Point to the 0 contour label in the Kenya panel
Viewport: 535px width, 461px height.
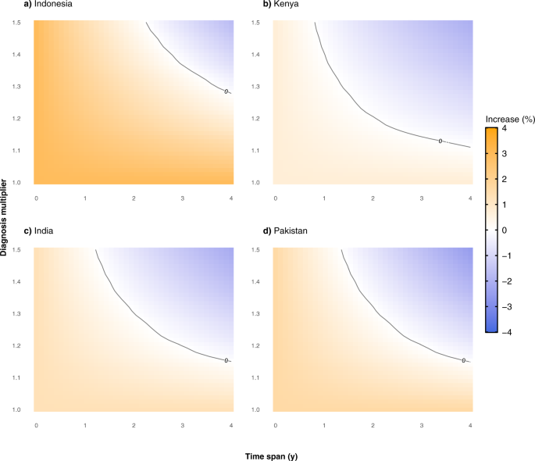tap(440, 141)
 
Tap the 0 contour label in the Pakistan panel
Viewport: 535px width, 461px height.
tap(463, 360)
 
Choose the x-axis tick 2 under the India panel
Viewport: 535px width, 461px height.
tap(134, 426)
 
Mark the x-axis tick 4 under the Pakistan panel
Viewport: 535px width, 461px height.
tap(470, 426)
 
